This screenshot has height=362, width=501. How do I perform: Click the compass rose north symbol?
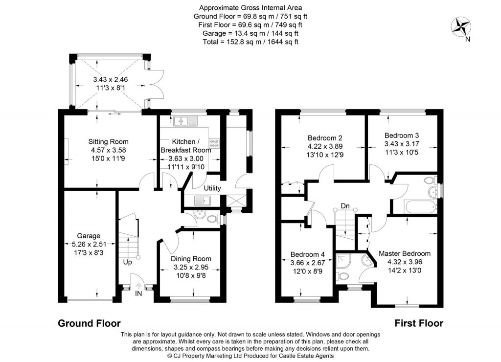460,27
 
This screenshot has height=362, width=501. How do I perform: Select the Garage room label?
88,235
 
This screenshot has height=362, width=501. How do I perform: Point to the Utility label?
212,188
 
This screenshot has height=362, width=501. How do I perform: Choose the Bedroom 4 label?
307,254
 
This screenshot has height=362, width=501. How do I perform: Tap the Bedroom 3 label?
402,136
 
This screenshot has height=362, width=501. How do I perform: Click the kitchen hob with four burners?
214,142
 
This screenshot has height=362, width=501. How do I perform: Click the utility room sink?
202,200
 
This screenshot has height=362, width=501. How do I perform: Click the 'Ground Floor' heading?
89,323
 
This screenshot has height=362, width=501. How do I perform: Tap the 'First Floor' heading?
419,323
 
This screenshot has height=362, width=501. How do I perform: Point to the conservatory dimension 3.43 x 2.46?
109,79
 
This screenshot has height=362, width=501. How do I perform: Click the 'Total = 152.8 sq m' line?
250,42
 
